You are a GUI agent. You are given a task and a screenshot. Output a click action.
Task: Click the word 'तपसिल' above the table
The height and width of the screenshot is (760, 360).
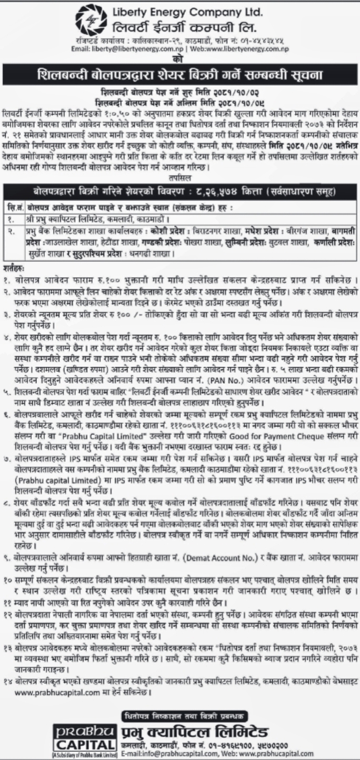(180, 176)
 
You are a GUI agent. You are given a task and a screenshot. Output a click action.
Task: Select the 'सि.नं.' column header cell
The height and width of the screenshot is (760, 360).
(14, 203)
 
